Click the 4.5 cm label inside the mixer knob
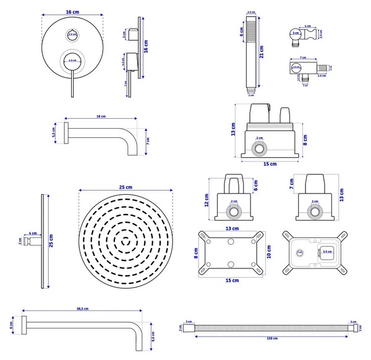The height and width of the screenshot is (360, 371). click(x=72, y=61)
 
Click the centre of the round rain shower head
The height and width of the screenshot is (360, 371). click(x=126, y=239)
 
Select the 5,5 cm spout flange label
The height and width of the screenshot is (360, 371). click(x=54, y=132)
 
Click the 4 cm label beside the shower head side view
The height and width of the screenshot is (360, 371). click(x=33, y=234)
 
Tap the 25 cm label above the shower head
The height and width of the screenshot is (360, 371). click(x=126, y=187)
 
